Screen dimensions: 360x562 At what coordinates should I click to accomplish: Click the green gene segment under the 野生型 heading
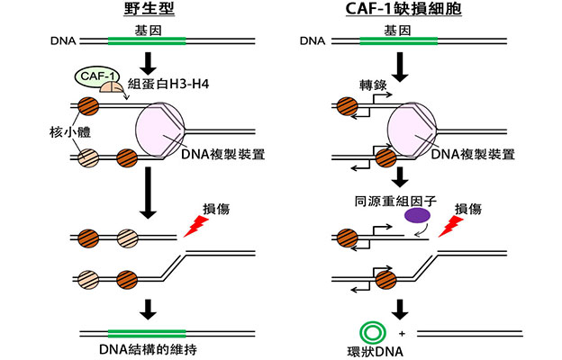tap(147, 40)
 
